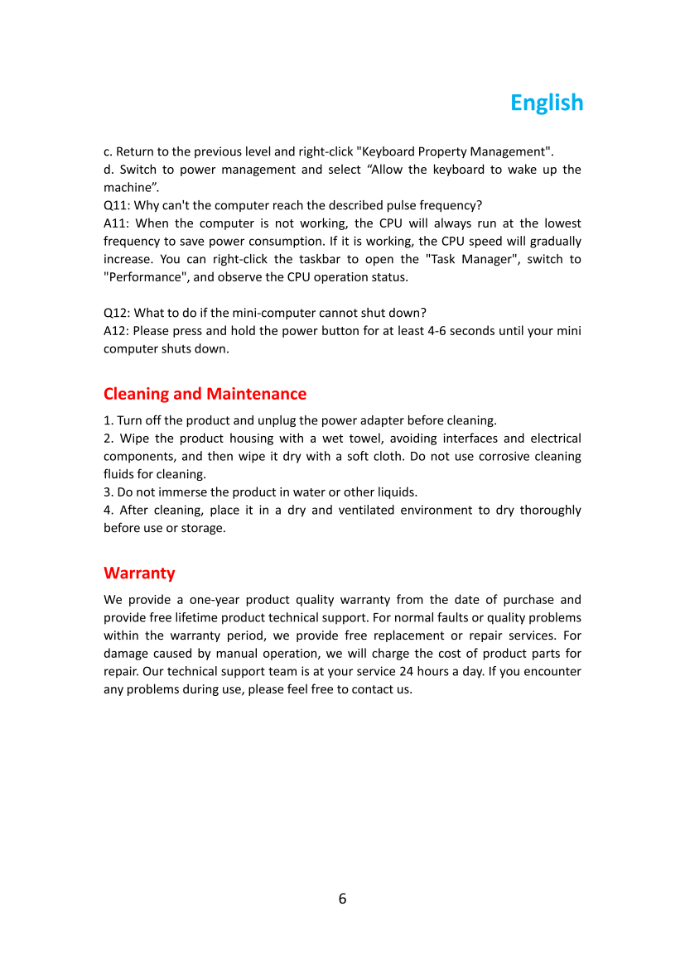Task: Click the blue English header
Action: (x=547, y=103)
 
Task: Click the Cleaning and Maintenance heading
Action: (x=205, y=394)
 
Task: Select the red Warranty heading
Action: (x=139, y=573)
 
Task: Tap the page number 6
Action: (x=342, y=899)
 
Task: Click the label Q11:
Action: (x=117, y=205)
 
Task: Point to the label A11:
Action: (x=117, y=223)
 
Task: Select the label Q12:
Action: (x=117, y=313)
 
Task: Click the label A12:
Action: (x=117, y=331)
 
